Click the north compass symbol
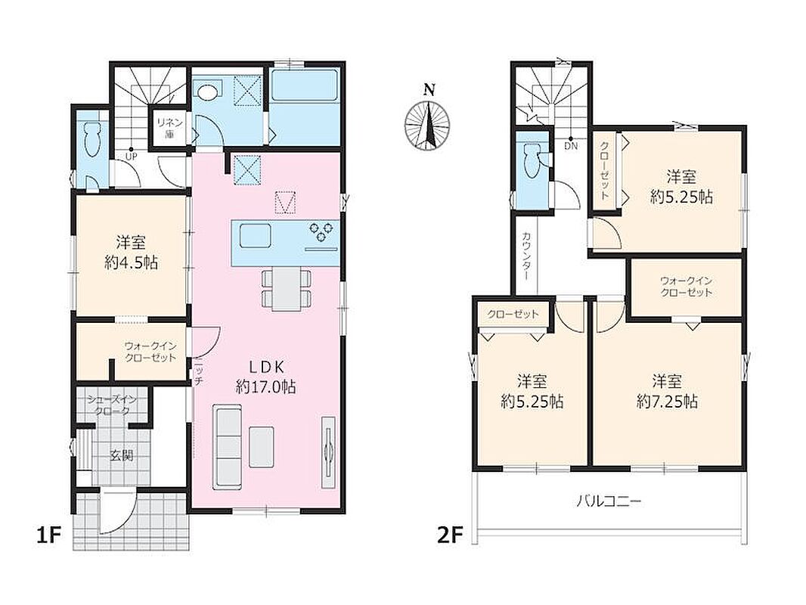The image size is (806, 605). click(x=428, y=123)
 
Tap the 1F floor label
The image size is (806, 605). click(x=49, y=535)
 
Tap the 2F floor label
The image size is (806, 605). click(x=450, y=535)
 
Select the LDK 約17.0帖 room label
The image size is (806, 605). click(x=265, y=377)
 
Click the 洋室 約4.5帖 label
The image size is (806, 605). click(x=131, y=253)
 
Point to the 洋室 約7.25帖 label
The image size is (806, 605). click(x=667, y=391)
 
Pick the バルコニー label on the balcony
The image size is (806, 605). click(x=609, y=500)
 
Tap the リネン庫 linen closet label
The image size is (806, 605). click(x=169, y=128)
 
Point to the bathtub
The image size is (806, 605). click(x=304, y=85)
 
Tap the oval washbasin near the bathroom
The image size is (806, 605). click(x=208, y=92)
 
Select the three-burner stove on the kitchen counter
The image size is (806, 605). click(x=321, y=231)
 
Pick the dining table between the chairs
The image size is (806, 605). click(x=286, y=289)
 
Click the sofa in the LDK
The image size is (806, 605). click(x=227, y=447)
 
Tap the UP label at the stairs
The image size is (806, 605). click(x=131, y=156)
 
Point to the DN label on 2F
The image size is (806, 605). click(x=571, y=146)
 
